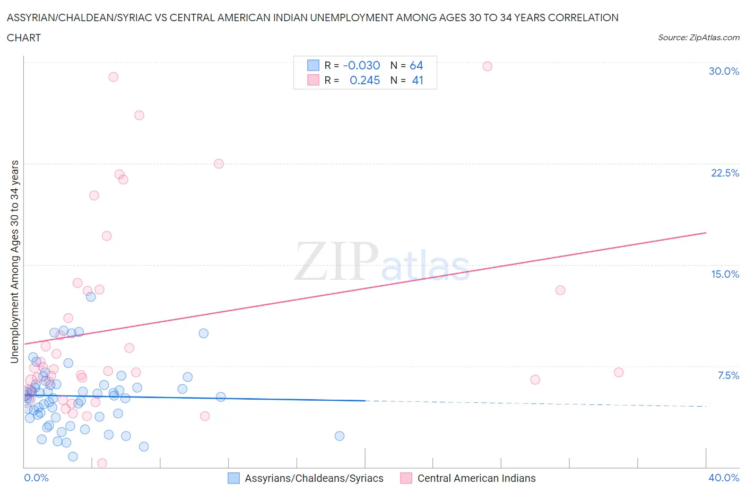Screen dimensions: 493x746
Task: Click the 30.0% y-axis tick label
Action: [724, 71]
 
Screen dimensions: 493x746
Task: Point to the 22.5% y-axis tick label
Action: [725, 173]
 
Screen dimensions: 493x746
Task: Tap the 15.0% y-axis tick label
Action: [725, 274]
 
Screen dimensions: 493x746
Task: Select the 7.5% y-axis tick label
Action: [728, 375]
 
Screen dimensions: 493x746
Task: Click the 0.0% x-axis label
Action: [36, 478]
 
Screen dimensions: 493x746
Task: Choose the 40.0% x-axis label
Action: [724, 478]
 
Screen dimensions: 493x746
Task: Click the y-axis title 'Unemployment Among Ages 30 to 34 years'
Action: [14, 261]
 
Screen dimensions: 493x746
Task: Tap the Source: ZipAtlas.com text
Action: [698, 37]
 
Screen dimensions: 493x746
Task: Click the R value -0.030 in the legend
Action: [361, 65]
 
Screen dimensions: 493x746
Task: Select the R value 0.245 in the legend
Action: [365, 80]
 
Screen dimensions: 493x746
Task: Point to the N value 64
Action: [416, 65]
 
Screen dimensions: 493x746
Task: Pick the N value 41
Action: [418, 80]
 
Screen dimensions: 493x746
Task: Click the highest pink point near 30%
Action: [487, 66]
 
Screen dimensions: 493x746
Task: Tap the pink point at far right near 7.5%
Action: [618, 372]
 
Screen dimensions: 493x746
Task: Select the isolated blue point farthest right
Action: [340, 436]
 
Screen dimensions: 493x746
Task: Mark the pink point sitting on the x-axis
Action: [102, 463]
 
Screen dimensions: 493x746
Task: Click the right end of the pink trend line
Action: [706, 233]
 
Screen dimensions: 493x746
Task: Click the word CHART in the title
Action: [24, 38]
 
